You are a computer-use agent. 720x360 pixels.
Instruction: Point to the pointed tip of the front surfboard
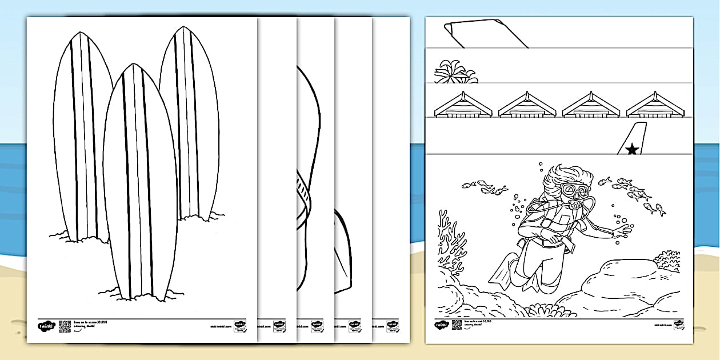tap(133, 66)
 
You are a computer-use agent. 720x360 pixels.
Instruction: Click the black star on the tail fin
tap(632, 150)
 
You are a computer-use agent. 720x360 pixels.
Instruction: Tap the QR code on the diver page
tap(456, 325)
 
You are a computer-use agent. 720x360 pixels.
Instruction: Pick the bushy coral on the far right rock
tap(667, 261)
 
